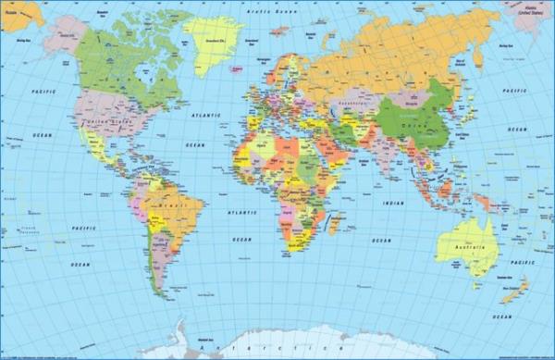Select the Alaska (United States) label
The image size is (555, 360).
tap(530, 10)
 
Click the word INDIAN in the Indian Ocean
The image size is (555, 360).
tap(393, 202)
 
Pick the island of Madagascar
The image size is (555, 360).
tap(335, 223)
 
